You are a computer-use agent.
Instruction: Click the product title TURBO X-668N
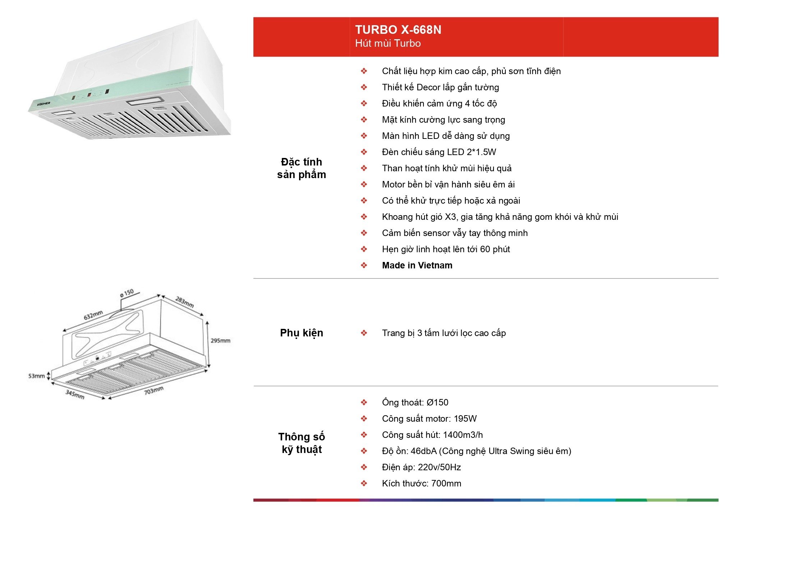[x=398, y=30]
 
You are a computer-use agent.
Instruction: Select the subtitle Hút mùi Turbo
[x=388, y=44]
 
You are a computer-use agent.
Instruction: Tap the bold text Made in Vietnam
[x=417, y=266]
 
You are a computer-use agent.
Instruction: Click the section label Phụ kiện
[x=302, y=333]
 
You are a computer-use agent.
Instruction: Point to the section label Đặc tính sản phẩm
[x=302, y=168]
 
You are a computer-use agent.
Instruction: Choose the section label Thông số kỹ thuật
[x=302, y=443]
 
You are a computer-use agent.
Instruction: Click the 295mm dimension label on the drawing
[x=220, y=341]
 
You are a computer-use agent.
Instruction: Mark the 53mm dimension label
[x=37, y=376]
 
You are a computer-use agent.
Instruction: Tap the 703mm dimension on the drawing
[x=154, y=390]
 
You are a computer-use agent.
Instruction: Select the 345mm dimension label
[x=75, y=394]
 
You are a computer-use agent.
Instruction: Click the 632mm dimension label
[x=93, y=315]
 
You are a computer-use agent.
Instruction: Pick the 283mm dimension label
[x=185, y=302]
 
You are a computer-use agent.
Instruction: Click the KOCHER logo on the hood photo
[x=43, y=104]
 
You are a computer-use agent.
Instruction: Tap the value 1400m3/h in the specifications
[x=463, y=435]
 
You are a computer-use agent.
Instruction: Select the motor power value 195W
[x=465, y=419]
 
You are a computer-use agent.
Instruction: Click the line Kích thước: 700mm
[x=422, y=484]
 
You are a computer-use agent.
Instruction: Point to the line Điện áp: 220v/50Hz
[x=421, y=467]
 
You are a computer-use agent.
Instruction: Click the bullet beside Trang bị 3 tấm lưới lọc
[x=364, y=333]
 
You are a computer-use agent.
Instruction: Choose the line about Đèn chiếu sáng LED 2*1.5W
[x=439, y=152]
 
